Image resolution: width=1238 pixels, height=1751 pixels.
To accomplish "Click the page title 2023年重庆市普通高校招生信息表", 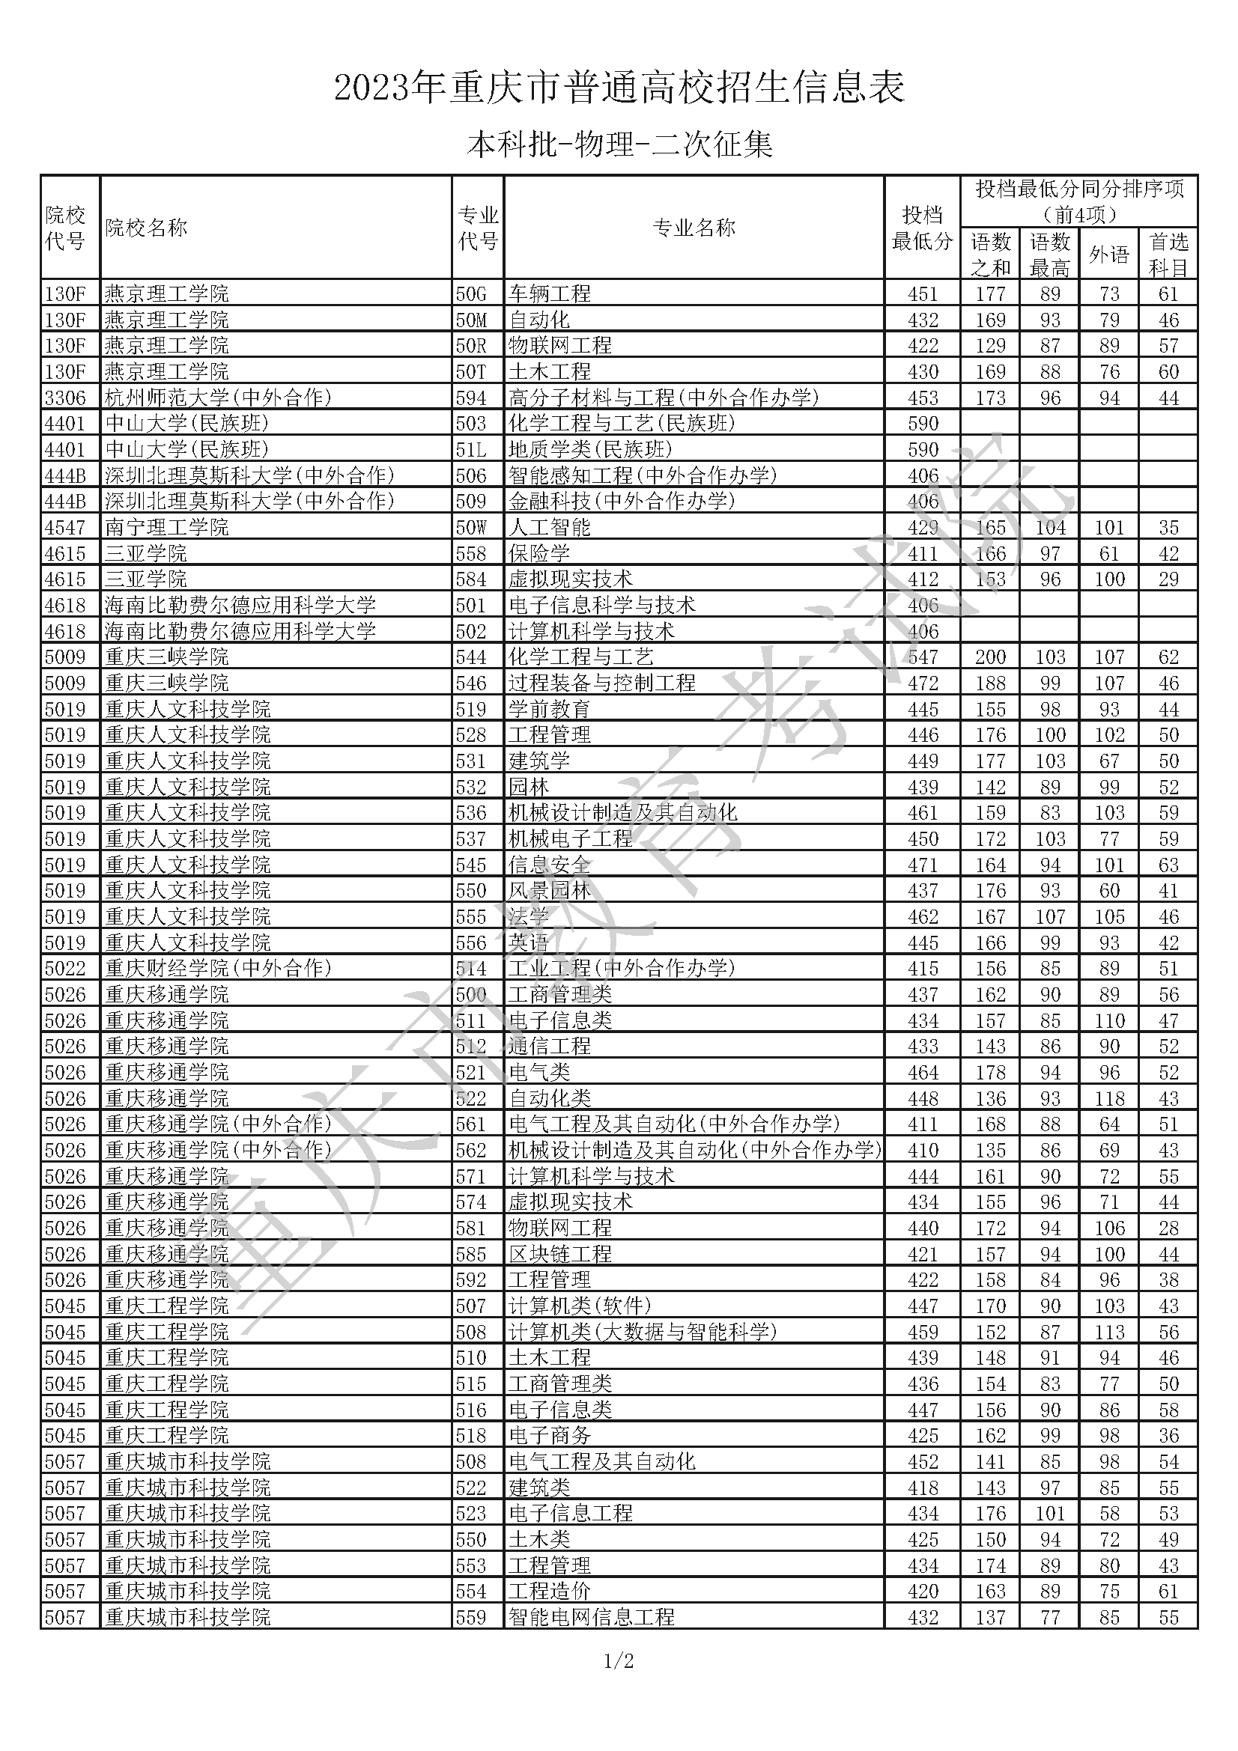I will pos(619,88).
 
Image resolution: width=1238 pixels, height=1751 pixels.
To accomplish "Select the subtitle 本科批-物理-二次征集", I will pos(619,144).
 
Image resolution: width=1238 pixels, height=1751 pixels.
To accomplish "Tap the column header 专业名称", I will pos(694,228).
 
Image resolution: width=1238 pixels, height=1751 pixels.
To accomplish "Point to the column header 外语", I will pos(1108,255).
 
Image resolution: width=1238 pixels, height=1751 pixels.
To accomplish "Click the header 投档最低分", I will pos(922,228).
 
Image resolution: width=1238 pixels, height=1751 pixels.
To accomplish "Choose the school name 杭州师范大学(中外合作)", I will pos(218,398).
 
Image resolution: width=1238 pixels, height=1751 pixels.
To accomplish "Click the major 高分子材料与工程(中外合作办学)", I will pos(664,398).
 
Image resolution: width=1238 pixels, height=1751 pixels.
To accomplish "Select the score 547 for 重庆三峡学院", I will pos(922,657).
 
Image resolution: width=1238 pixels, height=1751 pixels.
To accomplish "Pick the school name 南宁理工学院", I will pos(166,527).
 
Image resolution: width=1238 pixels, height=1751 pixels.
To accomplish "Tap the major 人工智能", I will pos(549,527).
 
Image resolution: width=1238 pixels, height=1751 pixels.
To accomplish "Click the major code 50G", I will pos(470,293).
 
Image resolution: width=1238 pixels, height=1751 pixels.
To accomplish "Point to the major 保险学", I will pos(538,553).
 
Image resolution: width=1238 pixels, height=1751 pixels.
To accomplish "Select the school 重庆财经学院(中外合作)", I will pos(218,968).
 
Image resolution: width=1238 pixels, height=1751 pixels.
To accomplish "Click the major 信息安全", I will pos(549,864).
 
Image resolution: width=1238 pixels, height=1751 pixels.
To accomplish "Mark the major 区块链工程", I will pos(560,1253).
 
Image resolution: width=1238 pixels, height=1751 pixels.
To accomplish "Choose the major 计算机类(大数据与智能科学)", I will pos(643,1331).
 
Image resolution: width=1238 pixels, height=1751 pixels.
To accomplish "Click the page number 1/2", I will pos(619,1660).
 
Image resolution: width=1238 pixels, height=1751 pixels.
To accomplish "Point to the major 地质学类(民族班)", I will pos(590,449).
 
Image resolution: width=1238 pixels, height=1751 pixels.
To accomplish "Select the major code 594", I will pos(470,398).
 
